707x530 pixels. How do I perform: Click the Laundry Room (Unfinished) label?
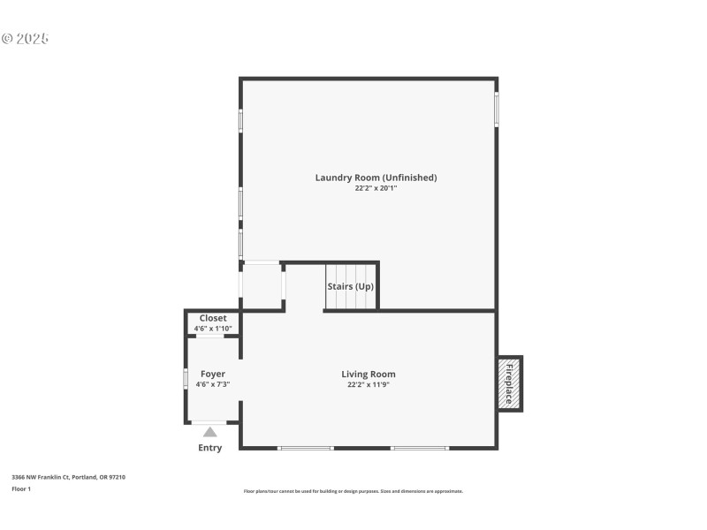pos(376,178)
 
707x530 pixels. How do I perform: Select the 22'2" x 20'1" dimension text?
pos(376,188)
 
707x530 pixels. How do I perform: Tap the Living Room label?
pos(369,375)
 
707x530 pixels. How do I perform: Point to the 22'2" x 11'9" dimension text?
pos(369,385)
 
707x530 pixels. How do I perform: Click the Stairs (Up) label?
pos(351,287)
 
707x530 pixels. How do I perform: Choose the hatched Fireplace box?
pos(509,383)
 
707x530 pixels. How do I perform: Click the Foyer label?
pos(213,375)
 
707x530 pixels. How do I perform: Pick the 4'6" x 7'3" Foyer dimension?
pos(213,385)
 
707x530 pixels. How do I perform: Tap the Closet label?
pos(213,318)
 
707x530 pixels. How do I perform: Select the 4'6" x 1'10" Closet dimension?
pos(213,329)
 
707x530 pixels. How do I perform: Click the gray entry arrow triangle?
pos(210,432)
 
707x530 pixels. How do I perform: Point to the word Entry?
pos(210,448)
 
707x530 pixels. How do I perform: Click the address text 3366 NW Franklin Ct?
pos(68,477)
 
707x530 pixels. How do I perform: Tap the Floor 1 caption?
pos(21,488)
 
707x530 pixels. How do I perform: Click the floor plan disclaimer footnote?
pos(353,491)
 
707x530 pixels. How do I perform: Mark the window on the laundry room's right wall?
pos(497,110)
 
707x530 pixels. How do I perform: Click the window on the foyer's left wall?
pos(186,378)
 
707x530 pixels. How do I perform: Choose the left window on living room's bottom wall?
pos(305,448)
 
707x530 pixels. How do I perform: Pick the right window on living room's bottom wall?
pos(419,448)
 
